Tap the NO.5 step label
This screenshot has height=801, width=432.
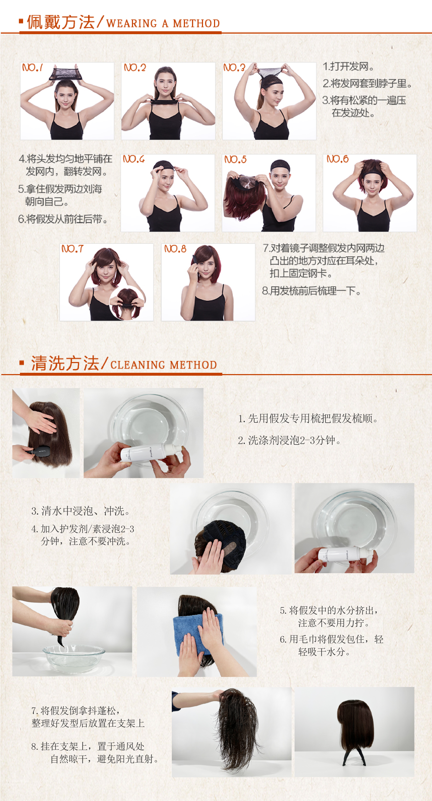tap(235, 159)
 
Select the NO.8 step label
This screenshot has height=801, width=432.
tap(175, 249)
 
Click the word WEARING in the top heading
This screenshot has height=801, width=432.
tap(132, 23)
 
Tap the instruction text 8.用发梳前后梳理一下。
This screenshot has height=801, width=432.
tap(311, 291)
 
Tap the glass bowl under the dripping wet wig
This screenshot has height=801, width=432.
tap(74, 659)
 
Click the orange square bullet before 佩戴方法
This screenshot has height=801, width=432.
tap(21, 21)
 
